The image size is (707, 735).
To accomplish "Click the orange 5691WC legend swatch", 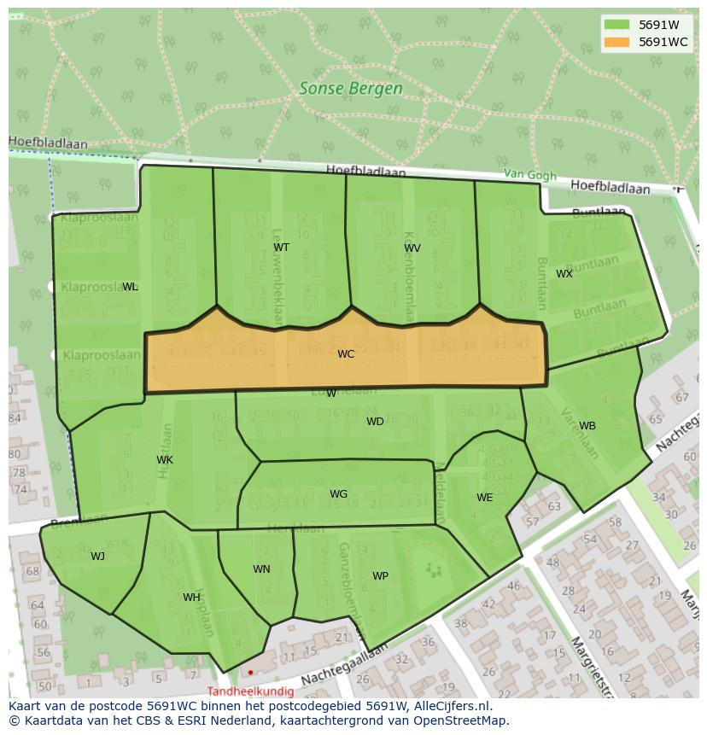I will pos(616,42).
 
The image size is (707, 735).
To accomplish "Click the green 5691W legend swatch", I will pos(616,25).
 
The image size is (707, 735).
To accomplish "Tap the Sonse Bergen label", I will pos(351,88).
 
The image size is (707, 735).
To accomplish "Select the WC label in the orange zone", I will pos(346,354).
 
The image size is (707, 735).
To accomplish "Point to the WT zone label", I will pos(281,248).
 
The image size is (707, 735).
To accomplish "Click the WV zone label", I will pos(412,248).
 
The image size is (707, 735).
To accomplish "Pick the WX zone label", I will pos(564,274).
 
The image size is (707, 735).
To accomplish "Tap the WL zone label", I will pos(130,287).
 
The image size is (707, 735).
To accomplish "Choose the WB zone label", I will pos(587,426).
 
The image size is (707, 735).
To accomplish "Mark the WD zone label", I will pos(375,422).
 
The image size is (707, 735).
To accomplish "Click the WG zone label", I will pos(338,494).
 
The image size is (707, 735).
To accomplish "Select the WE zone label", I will pos(484,498).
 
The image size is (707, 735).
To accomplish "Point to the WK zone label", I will pos(165,460).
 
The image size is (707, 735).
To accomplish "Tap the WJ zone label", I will pos(98,557).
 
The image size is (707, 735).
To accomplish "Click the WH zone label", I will pos(191,598).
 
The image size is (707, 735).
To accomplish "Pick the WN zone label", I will pos(261,569).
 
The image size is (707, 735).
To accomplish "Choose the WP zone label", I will pos(380,576).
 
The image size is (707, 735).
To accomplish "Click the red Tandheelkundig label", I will pos(250,691).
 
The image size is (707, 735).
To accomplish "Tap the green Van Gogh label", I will pos(529,174).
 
